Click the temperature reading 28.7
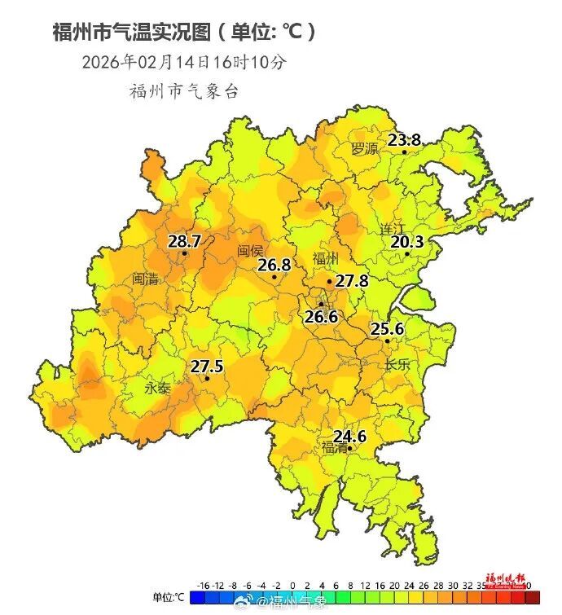(x=184, y=241)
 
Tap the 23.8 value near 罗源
(x=404, y=140)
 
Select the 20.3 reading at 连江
(x=407, y=241)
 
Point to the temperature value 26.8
(x=274, y=265)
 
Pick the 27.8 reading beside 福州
(x=352, y=281)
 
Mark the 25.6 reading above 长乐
(x=388, y=329)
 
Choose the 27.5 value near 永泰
(x=207, y=367)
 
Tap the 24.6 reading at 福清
(x=349, y=437)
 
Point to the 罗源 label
(x=365, y=149)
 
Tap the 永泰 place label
(x=157, y=389)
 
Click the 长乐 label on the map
(x=397, y=365)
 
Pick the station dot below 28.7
(x=185, y=253)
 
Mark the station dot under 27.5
(x=207, y=378)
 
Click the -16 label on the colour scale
(x=204, y=585)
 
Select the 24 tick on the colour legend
(x=407, y=585)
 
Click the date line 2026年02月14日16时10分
(x=184, y=62)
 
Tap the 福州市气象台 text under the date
(x=184, y=91)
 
